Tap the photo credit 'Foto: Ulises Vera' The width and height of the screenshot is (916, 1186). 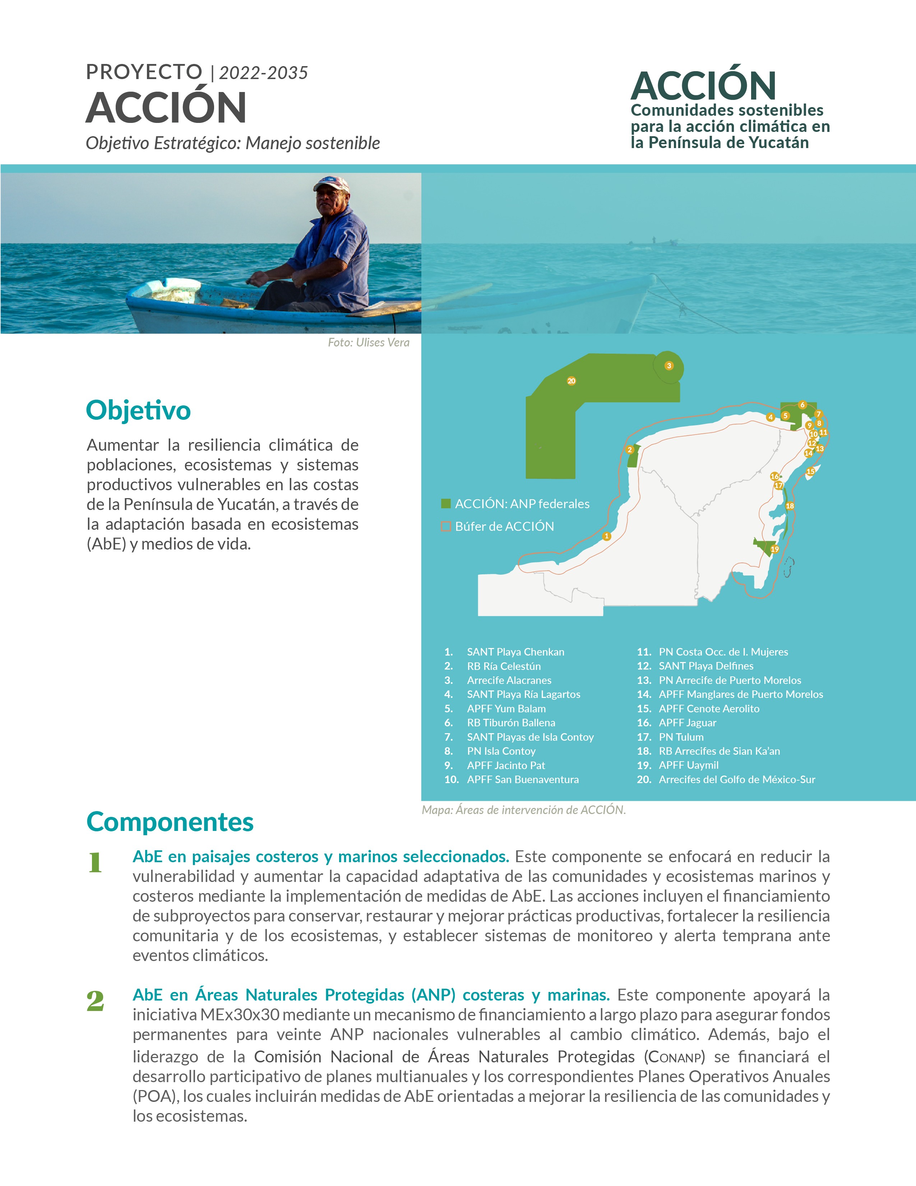click(369, 343)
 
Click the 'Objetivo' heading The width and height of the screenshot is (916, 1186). click(138, 410)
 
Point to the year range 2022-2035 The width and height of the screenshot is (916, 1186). click(263, 73)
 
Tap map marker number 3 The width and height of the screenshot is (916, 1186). click(669, 366)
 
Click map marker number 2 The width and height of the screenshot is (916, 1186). click(629, 450)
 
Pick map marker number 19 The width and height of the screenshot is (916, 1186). click(775, 550)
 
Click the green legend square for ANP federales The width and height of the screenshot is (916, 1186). click(446, 504)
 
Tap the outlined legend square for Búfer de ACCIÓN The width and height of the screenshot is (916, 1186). click(446, 526)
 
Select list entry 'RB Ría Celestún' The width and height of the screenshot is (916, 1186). click(504, 666)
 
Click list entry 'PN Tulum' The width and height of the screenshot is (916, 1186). click(681, 737)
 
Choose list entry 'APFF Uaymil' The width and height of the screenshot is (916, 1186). click(688, 765)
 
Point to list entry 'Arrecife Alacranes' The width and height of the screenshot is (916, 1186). click(509, 680)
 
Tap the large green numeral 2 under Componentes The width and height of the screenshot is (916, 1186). click(96, 1001)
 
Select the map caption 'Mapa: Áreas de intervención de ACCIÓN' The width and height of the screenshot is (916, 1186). click(524, 810)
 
